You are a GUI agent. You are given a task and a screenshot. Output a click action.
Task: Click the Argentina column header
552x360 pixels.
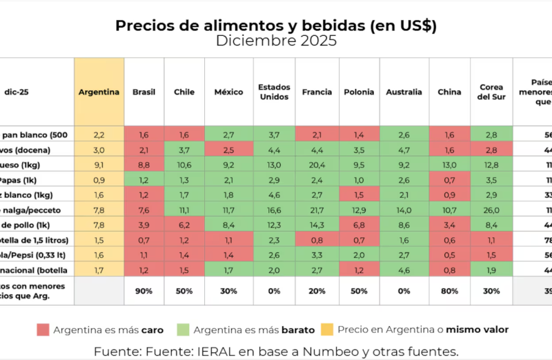99,92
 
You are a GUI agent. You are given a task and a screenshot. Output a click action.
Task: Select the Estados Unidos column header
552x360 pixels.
274,92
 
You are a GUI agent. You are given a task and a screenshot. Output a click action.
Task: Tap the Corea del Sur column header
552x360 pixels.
491,92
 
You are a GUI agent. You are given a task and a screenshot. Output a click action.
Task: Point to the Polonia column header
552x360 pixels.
359,92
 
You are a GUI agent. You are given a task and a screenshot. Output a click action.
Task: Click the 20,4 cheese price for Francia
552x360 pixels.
317,164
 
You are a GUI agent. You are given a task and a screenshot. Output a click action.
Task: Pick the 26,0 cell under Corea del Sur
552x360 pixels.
491,209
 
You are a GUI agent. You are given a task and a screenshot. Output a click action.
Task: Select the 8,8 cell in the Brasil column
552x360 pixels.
144,164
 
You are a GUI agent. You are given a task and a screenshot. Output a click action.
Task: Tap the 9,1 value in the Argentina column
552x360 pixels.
99,164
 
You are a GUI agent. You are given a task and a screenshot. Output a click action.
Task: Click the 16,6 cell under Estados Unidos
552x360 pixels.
274,209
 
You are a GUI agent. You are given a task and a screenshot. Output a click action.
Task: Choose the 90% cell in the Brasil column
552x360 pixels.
144,291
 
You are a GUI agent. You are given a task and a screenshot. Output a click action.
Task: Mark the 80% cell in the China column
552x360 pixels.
449,291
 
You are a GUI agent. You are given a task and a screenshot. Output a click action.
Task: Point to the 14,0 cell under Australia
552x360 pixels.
404,209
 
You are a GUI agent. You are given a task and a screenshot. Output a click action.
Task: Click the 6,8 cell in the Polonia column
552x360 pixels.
359,224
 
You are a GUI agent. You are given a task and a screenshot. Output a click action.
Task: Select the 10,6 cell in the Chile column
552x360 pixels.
184,164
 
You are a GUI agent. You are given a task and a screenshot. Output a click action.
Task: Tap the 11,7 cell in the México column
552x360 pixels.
228,209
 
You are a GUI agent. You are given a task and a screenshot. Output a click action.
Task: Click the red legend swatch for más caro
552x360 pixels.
43,330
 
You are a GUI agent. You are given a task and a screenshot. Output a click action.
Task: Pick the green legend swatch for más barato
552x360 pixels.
183,330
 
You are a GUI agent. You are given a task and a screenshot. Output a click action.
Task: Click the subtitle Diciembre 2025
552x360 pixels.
276,41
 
